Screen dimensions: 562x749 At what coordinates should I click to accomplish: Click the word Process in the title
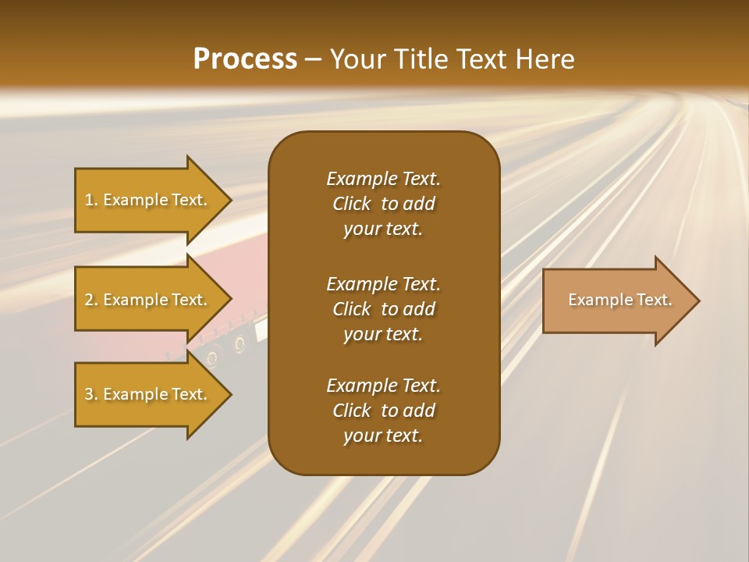pyautogui.click(x=245, y=59)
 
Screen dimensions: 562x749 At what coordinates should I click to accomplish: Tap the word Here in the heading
pyautogui.click(x=544, y=59)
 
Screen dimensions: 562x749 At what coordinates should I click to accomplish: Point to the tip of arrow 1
pyautogui.click(x=230, y=200)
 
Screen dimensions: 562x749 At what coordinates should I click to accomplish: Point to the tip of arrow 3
pyautogui.click(x=230, y=394)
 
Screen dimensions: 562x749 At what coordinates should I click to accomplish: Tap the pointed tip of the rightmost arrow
pyautogui.click(x=698, y=301)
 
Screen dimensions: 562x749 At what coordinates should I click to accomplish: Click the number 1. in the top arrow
pyautogui.click(x=91, y=200)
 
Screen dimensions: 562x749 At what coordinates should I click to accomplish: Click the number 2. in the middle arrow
pyautogui.click(x=91, y=300)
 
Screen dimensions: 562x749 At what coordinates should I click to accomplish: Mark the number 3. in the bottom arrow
pyautogui.click(x=91, y=394)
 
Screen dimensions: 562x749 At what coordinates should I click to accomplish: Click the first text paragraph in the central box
pyautogui.click(x=383, y=204)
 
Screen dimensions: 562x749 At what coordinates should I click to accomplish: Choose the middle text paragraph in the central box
pyautogui.click(x=383, y=309)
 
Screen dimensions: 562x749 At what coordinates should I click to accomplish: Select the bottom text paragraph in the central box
pyautogui.click(x=383, y=411)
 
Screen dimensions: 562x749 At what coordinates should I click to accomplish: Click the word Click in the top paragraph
pyautogui.click(x=351, y=204)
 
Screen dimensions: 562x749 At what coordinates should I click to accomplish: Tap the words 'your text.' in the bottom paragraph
pyautogui.click(x=383, y=436)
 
